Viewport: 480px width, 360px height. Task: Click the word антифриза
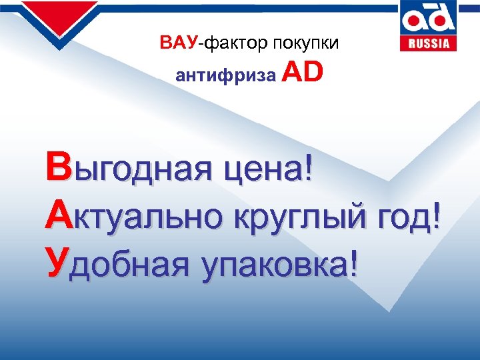click(225, 75)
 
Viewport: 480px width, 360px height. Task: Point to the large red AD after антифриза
click(303, 72)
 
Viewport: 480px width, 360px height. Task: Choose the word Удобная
click(113, 263)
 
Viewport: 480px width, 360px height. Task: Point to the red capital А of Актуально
click(57, 216)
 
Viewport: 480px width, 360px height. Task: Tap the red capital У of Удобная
click(57, 263)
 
